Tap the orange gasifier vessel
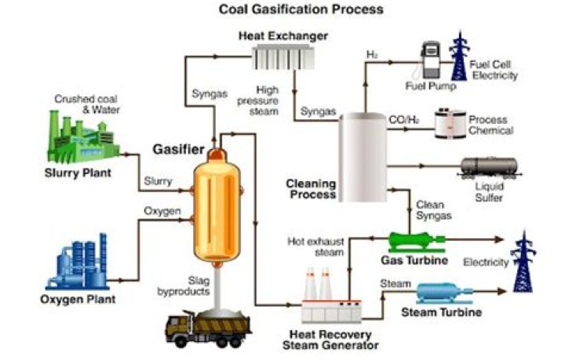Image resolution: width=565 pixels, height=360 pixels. [213, 205]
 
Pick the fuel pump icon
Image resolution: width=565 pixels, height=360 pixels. [430, 59]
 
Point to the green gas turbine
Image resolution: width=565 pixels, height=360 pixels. [417, 240]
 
